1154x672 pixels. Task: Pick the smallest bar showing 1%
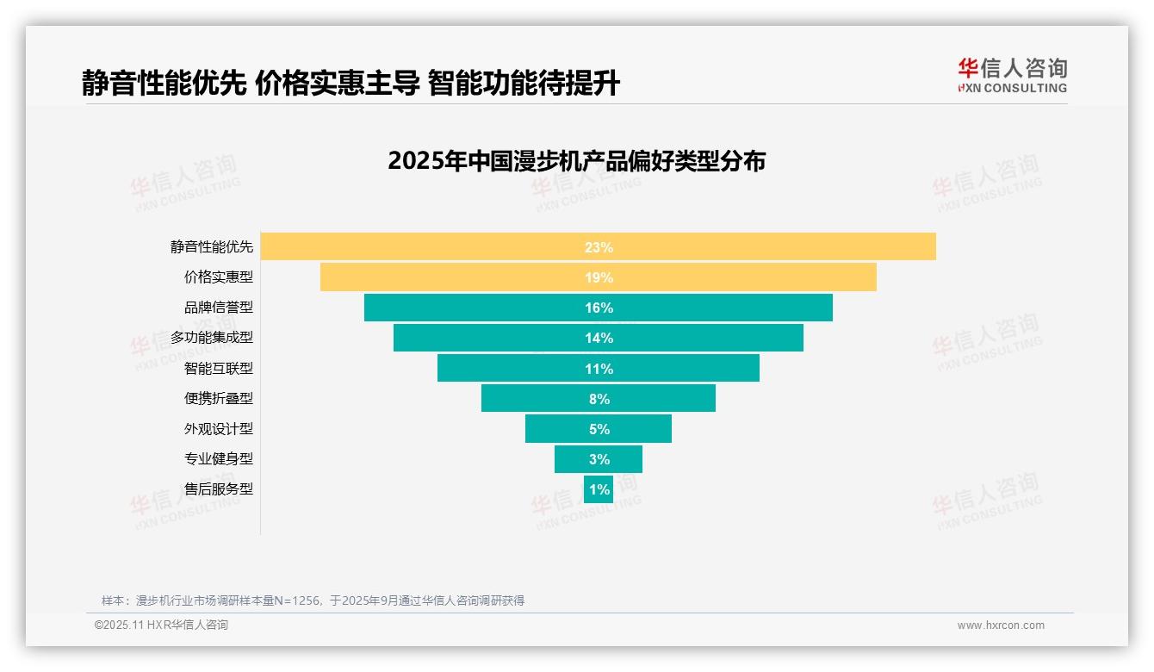[x=599, y=489]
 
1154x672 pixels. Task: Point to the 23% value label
[x=599, y=247]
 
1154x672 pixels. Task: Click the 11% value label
[x=599, y=369]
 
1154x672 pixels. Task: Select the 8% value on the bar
[x=599, y=399]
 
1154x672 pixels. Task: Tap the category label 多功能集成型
[x=212, y=338]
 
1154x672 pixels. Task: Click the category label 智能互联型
[x=219, y=368]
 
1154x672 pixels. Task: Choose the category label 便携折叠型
[x=219, y=398]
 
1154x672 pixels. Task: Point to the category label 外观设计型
[x=219, y=428]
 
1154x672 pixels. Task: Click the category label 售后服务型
[x=219, y=488]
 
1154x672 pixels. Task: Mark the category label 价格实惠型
[x=219, y=277]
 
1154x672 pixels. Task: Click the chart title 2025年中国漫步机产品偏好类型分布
[x=576, y=161]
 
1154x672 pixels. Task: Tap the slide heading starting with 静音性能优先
[x=351, y=83]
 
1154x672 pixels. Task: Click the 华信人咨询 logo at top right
[x=1012, y=75]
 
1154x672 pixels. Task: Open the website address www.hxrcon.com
[x=1001, y=625]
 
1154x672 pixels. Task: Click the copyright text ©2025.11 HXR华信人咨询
[x=161, y=625]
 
